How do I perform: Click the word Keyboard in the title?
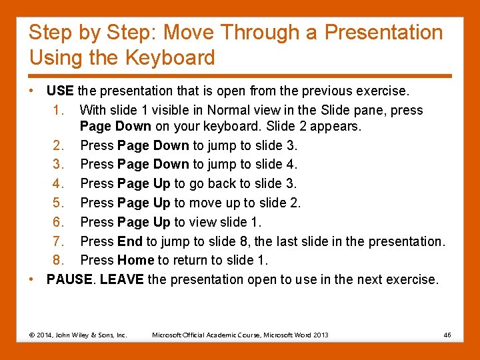pos(170,57)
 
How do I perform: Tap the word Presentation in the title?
pos(383,32)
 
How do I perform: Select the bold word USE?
pos(60,91)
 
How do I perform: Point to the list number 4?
pos(58,183)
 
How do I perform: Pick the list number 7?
pos(58,241)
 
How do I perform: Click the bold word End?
pos(130,241)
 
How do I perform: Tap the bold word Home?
pos(135,260)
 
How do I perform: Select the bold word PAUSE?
pos(69,279)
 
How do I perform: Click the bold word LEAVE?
pos(121,279)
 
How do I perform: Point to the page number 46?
pos(447,335)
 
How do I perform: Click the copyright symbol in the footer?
pos(32,335)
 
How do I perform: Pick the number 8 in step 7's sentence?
pos(243,241)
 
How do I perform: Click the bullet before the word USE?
pos(31,91)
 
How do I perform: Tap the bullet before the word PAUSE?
pos(31,279)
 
